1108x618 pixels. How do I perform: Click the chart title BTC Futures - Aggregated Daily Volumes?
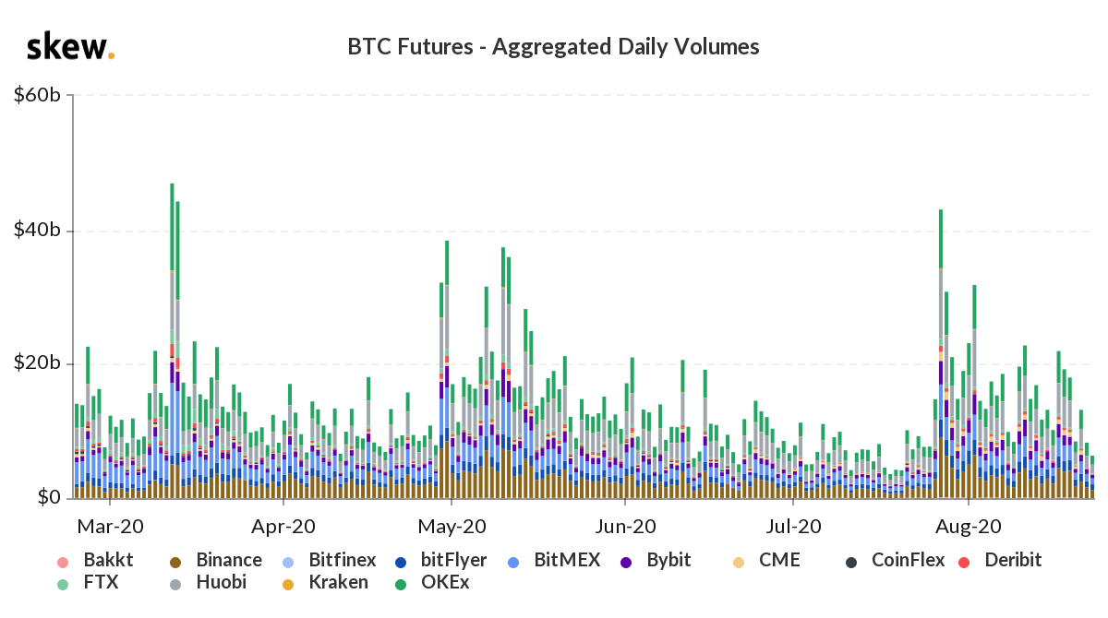tap(553, 47)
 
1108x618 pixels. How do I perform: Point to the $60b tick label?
tap(38, 94)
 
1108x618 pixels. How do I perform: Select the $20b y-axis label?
tap(38, 363)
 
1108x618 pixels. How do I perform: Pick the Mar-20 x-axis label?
tap(110, 528)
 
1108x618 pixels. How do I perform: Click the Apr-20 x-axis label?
tap(283, 528)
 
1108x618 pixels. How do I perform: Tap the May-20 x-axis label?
tap(452, 528)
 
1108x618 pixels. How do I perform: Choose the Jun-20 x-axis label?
tap(625, 528)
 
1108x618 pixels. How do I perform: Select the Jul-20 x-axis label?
tap(794, 528)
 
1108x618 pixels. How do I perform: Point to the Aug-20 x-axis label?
tap(968, 528)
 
